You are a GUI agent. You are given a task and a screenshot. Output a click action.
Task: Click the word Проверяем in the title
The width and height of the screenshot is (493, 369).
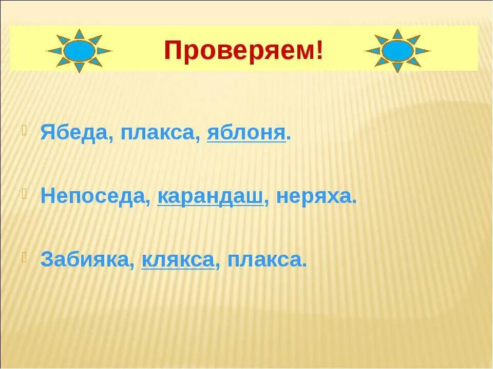[239, 51]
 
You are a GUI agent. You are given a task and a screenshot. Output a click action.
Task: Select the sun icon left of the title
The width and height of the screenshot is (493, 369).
[79, 51]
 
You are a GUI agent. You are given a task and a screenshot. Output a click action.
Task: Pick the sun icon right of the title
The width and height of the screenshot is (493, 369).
[397, 51]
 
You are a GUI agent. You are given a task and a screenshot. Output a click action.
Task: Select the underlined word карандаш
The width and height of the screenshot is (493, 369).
[211, 197]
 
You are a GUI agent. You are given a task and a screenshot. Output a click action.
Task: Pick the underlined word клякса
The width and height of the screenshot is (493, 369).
[178, 259]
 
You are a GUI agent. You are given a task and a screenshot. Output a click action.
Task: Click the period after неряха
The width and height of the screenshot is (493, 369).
[354, 202]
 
